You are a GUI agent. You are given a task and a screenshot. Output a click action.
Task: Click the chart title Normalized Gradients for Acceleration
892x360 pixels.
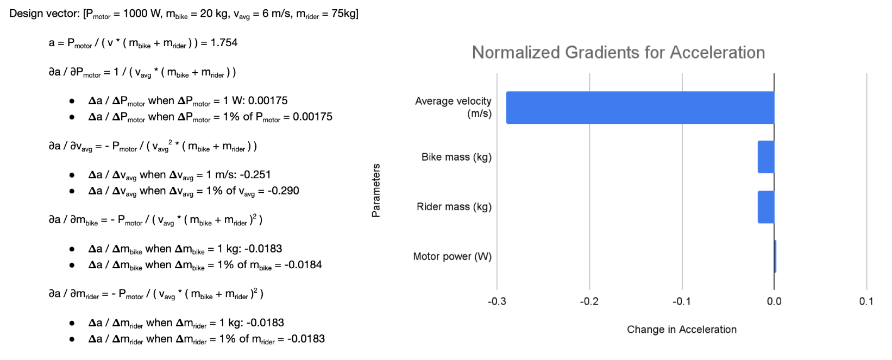pos(618,52)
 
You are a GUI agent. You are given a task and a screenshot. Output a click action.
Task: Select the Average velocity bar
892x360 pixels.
pos(640,108)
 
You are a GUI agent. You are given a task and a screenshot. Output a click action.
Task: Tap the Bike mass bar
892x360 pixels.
pos(766,157)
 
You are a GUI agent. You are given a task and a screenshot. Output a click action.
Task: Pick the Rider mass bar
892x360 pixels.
pos(766,207)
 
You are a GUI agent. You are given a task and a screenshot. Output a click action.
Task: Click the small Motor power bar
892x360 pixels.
pos(775,256)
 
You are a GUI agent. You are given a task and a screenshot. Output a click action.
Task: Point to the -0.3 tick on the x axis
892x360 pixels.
pos(497,301)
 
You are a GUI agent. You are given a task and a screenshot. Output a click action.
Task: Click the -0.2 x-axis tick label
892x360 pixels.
pos(589,301)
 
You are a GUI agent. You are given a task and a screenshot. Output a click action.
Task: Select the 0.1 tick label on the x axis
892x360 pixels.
pos(866,301)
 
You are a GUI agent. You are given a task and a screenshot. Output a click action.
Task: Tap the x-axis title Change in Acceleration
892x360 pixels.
pos(681,330)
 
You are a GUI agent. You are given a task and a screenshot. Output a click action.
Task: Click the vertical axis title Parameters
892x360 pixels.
pos(376,191)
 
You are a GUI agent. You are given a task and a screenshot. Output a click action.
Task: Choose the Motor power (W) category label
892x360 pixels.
pos(452,256)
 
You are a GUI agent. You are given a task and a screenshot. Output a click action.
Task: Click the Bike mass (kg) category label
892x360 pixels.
pos(456,157)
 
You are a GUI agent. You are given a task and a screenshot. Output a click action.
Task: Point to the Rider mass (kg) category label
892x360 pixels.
pos(454,207)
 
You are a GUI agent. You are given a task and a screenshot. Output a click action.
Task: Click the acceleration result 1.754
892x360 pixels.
pos(224,43)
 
